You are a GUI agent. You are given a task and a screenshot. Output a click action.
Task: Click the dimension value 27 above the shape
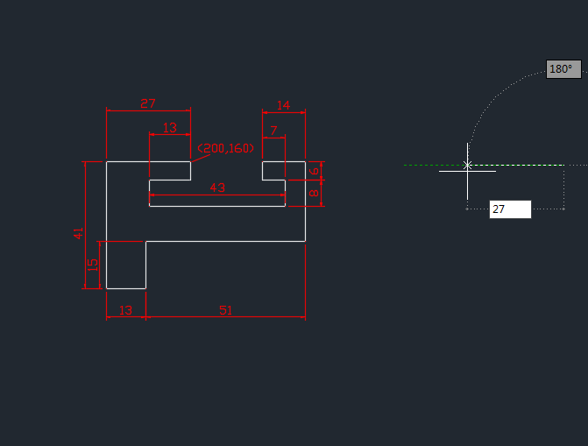[147, 103]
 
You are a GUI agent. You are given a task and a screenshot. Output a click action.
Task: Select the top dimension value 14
[283, 105]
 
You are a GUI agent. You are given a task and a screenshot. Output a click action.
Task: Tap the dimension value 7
[274, 131]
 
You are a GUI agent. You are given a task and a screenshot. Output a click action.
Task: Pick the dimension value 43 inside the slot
[217, 188]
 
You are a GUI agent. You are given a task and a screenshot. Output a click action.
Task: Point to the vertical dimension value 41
[79, 233]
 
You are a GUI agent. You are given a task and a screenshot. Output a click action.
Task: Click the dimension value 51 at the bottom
[225, 310]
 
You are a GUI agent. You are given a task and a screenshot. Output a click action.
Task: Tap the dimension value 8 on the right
[315, 193]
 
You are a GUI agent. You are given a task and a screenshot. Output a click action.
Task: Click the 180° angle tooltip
[561, 69]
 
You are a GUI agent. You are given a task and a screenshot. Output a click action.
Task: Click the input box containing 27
[510, 209]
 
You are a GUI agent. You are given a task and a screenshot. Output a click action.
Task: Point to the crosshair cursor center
[467, 165]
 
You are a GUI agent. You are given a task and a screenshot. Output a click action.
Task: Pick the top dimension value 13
[170, 128]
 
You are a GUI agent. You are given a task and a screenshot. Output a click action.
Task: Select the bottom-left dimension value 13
[125, 310]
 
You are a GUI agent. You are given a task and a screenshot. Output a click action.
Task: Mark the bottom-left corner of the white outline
[107, 287]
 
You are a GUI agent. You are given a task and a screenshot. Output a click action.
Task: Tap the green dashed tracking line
[429, 165]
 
